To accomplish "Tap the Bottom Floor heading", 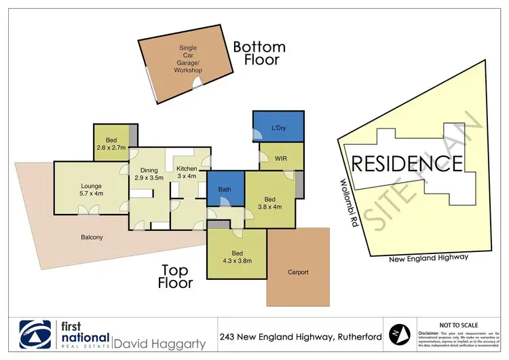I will point(259,54).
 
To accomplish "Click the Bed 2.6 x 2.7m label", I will point(111,144).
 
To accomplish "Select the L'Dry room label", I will point(278,128).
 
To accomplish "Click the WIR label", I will point(281,159).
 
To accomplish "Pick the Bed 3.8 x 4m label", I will point(269,203).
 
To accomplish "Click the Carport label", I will point(297,272).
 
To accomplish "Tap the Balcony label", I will point(91,237).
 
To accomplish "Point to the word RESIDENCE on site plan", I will point(407,164).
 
